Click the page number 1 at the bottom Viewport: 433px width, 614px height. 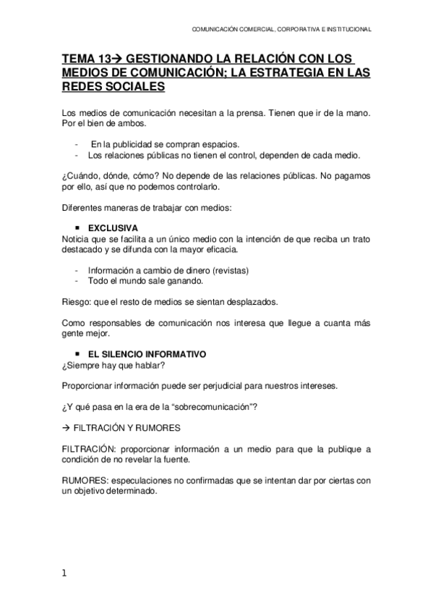pos(64,573)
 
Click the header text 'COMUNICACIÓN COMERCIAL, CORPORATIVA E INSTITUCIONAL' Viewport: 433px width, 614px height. pos(281,30)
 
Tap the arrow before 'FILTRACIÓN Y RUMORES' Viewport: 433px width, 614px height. pos(67,427)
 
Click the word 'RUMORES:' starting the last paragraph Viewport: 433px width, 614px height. pos(83,481)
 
